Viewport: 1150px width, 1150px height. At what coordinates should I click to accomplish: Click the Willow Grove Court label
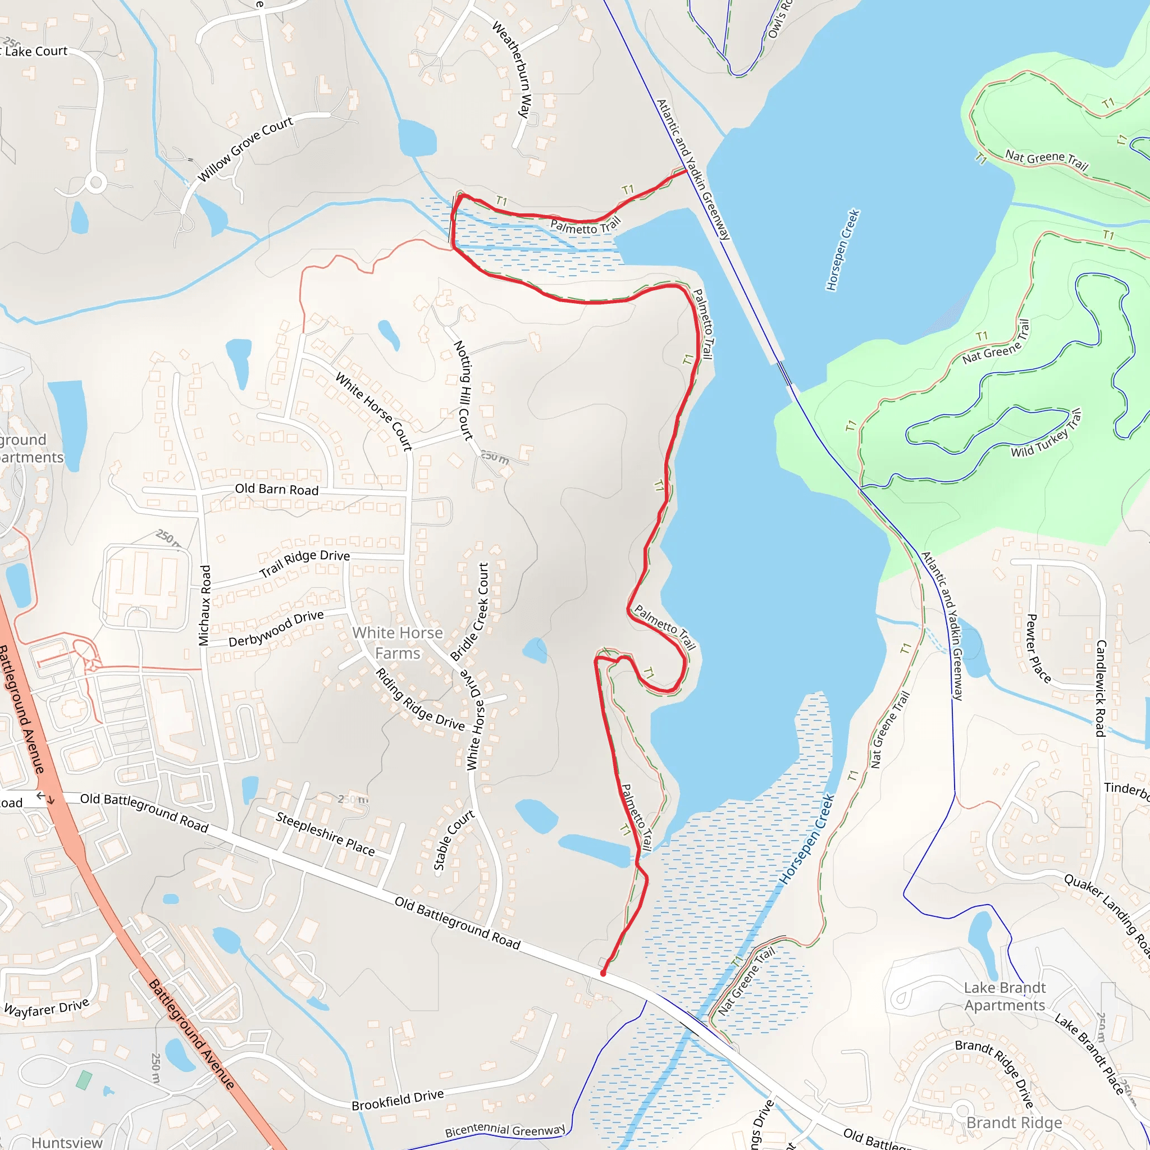click(245, 149)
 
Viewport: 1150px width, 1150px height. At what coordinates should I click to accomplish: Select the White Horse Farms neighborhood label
click(398, 643)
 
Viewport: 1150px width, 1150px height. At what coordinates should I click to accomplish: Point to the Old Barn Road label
click(277, 489)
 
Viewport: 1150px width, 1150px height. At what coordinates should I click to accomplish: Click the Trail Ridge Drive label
click(305, 563)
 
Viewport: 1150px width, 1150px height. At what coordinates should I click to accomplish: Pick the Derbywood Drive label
click(276, 628)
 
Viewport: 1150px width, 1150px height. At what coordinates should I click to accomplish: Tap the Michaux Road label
click(205, 605)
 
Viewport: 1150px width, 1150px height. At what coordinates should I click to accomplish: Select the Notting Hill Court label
click(464, 390)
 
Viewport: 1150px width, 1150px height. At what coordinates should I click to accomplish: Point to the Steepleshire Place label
click(325, 834)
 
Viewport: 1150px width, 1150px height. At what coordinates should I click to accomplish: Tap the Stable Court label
click(454, 840)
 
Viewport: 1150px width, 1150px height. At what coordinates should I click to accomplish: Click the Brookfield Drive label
click(398, 1100)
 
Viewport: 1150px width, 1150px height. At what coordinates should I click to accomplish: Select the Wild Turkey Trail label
click(1046, 434)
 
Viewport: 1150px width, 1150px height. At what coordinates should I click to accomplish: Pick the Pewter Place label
click(1039, 648)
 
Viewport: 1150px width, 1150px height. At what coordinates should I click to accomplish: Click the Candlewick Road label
click(1101, 688)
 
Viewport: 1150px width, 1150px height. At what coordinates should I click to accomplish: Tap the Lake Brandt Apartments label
click(1005, 997)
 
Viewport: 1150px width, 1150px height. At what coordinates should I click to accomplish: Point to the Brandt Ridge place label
click(1014, 1122)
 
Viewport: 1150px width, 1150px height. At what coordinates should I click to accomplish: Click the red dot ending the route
click(603, 973)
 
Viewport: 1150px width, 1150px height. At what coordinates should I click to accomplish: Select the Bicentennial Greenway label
click(505, 1130)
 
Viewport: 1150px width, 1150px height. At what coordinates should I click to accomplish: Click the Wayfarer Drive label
click(47, 1008)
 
